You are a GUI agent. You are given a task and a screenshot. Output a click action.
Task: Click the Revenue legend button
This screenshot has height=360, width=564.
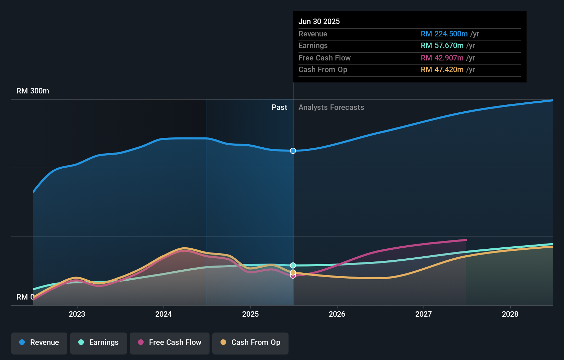pyautogui.click(x=39, y=343)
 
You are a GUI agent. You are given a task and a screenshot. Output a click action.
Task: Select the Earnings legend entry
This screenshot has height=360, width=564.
pyautogui.click(x=99, y=343)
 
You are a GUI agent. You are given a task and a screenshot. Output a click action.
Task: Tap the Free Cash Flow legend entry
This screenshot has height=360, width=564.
pyautogui.click(x=170, y=343)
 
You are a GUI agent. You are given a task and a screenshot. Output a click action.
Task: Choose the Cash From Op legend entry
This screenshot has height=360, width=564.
pyautogui.click(x=250, y=343)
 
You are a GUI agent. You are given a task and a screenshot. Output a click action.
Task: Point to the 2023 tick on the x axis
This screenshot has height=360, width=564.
pyautogui.click(x=77, y=314)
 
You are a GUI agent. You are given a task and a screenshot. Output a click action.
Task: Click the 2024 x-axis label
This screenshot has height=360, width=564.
pyautogui.click(x=163, y=314)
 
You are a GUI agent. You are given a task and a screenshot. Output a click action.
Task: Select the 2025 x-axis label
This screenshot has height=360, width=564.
pyautogui.click(x=250, y=314)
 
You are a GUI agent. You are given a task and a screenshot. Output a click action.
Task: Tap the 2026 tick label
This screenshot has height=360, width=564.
pyautogui.click(x=337, y=314)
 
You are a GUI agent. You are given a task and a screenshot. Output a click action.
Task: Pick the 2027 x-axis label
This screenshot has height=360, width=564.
pyautogui.click(x=424, y=314)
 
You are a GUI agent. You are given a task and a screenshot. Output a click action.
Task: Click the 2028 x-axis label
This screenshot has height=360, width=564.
pyautogui.click(x=510, y=314)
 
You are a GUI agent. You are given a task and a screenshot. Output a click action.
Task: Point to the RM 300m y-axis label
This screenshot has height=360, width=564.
pyautogui.click(x=33, y=91)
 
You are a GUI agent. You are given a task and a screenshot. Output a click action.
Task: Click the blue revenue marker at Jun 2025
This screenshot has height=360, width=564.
pyautogui.click(x=293, y=151)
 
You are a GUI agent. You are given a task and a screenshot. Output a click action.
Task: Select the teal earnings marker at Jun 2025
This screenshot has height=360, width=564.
pyautogui.click(x=293, y=265)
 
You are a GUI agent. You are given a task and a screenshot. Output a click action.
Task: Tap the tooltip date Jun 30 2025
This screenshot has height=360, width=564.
pyautogui.click(x=319, y=21)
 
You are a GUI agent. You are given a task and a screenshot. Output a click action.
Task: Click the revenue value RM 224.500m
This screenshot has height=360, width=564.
pyautogui.click(x=444, y=34)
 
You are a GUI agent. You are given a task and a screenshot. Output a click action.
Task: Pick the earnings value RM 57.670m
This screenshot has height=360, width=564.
pyautogui.click(x=442, y=46)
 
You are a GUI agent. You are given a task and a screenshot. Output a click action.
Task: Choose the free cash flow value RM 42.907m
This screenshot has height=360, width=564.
pyautogui.click(x=442, y=58)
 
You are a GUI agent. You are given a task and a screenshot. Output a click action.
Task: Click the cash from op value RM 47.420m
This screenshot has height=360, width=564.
pyautogui.click(x=442, y=70)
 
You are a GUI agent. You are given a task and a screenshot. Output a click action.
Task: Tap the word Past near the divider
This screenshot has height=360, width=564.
pyautogui.click(x=279, y=108)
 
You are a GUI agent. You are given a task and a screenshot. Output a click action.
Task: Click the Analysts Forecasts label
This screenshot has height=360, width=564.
pyautogui.click(x=331, y=108)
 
